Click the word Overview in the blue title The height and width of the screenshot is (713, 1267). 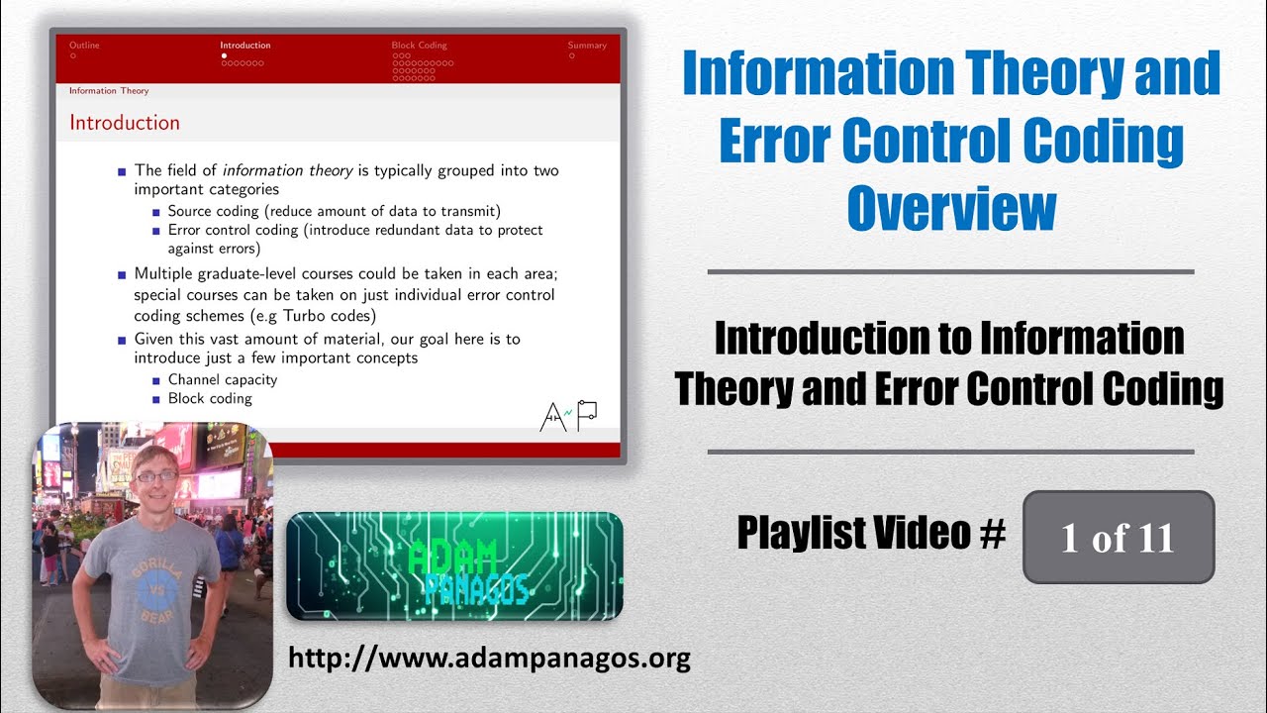[951, 208]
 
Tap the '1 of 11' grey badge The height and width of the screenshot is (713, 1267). [1118, 537]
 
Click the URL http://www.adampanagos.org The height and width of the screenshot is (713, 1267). [489, 658]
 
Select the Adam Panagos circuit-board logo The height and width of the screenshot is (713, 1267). [454, 565]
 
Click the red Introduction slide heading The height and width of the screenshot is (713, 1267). [125, 123]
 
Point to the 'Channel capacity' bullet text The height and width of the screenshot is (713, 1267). [222, 379]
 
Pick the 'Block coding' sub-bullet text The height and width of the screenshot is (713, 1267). [210, 398]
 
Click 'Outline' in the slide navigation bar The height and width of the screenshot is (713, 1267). [84, 46]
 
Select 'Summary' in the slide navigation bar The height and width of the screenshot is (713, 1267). [587, 46]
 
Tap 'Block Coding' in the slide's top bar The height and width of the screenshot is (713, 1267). [419, 46]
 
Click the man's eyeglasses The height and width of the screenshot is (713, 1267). [156, 476]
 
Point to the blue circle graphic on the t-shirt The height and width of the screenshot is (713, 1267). [156, 591]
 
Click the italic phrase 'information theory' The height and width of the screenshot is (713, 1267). [287, 170]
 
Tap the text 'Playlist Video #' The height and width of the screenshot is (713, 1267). [871, 535]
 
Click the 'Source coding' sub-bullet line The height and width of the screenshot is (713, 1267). [334, 211]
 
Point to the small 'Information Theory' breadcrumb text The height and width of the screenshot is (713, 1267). [109, 91]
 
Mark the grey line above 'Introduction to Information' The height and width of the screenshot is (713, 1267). [950, 271]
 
